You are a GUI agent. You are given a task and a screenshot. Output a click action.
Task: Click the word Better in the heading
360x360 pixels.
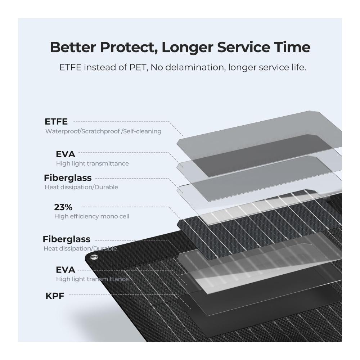73,47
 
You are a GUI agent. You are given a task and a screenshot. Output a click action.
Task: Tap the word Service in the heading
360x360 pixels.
244,47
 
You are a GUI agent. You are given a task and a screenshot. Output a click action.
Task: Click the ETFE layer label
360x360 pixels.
56,121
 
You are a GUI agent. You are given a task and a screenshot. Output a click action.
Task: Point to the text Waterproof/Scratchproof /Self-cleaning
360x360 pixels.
103,131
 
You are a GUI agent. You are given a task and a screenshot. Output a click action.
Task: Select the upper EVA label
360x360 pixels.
66,154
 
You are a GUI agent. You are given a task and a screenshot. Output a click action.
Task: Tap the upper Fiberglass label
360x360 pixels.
68,178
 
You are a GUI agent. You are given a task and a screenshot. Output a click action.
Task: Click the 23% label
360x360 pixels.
63,207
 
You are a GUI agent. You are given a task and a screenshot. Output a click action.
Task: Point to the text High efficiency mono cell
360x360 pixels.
92,216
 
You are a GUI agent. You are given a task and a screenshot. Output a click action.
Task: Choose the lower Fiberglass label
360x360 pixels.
67,239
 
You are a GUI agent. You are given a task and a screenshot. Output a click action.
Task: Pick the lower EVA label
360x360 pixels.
66,270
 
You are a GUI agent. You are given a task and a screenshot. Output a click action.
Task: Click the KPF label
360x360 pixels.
55,296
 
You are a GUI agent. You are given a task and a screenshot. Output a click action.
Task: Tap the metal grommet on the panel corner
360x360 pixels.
94,257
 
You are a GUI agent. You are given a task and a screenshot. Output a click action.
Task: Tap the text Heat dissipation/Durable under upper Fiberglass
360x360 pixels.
81,187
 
